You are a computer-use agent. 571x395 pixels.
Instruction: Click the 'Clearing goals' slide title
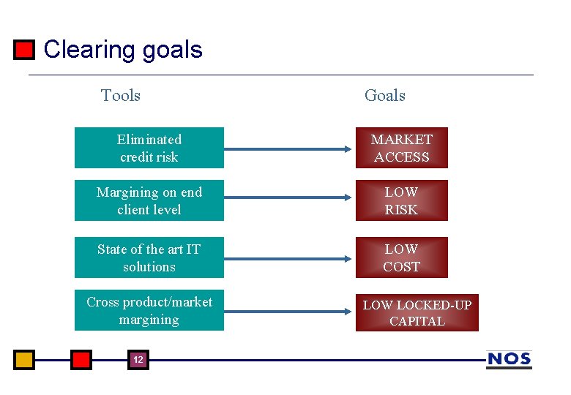pyautogui.click(x=123, y=50)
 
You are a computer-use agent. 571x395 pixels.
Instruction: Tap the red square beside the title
pyautogui.click(x=24, y=50)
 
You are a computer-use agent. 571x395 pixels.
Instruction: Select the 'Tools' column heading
pyautogui.click(x=121, y=95)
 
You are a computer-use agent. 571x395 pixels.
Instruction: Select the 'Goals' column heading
pyautogui.click(x=384, y=95)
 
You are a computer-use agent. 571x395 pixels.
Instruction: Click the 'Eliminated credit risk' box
pyautogui.click(x=149, y=148)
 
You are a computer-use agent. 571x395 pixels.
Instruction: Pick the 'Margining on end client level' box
pyautogui.click(x=149, y=200)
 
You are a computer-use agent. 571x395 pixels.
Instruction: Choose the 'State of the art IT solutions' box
pyautogui.click(x=149, y=257)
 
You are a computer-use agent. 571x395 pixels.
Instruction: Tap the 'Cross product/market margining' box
pyautogui.click(x=149, y=310)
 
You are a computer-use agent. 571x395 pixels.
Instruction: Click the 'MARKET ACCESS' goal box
pyautogui.click(x=401, y=148)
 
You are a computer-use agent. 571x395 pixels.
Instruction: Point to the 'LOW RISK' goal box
pyautogui.click(x=401, y=200)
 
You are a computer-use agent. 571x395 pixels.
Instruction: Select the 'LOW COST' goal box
pyautogui.click(x=401, y=257)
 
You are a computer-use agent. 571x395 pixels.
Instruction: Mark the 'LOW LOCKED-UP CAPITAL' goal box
pyautogui.click(x=417, y=312)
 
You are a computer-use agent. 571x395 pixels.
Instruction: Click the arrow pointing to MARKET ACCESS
pyautogui.click(x=288, y=148)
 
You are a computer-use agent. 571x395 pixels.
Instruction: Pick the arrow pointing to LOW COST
pyautogui.click(x=288, y=257)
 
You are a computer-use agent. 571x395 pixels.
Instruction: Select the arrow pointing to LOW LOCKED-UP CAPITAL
pyautogui.click(x=288, y=311)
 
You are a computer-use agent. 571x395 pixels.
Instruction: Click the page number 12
pyautogui.click(x=138, y=360)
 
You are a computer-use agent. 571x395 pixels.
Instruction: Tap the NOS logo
pyautogui.click(x=509, y=359)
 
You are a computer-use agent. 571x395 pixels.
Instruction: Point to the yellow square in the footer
pyautogui.click(x=24, y=360)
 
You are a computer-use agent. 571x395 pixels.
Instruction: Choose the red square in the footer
pyautogui.click(x=81, y=360)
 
